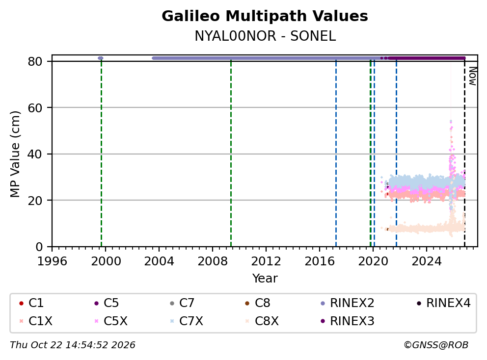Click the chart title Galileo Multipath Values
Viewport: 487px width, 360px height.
[x=265, y=16]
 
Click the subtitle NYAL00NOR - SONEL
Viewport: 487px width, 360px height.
[x=265, y=36]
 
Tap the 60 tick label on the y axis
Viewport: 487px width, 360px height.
[x=35, y=108]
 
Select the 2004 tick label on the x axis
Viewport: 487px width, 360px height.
[x=159, y=261]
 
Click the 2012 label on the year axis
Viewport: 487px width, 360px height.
[x=266, y=261]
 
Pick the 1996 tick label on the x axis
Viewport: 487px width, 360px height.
[x=52, y=261]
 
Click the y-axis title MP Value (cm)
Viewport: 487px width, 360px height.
[x=15, y=154]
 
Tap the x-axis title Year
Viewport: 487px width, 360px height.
[x=265, y=279]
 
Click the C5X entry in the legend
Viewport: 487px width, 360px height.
[x=111, y=321]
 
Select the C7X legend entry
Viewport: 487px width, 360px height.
[x=187, y=321]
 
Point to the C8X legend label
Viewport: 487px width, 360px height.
[x=262, y=321]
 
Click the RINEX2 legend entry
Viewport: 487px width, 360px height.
[x=347, y=303]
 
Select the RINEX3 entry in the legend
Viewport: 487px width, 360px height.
[x=347, y=321]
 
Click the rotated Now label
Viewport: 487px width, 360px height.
[x=473, y=77]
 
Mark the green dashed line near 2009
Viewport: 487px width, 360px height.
[x=231, y=154]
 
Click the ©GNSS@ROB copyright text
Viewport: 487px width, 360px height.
[x=436, y=345]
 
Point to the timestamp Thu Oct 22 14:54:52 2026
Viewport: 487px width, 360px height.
[x=73, y=345]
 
